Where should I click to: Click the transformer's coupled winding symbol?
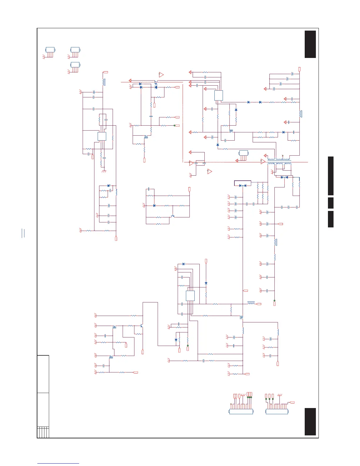tap(279, 162)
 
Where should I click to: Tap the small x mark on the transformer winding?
tap(282, 155)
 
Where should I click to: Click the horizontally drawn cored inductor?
tap(251, 302)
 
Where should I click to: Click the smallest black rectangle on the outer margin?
tap(331, 203)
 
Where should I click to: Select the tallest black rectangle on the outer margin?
tap(331, 176)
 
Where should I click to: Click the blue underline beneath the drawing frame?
tap(58, 463)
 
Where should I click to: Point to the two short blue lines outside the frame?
tap(23, 233)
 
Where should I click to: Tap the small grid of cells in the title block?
tap(43, 432)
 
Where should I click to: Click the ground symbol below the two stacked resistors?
tap(104, 171)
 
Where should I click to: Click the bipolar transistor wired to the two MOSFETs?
tap(142, 326)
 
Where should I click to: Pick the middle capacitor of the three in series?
tap(289, 207)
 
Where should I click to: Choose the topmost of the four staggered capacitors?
tap(292, 74)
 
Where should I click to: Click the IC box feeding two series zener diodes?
tap(219, 95)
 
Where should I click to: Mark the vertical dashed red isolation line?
tap(183, 124)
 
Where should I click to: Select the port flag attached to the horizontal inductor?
tap(259, 304)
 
